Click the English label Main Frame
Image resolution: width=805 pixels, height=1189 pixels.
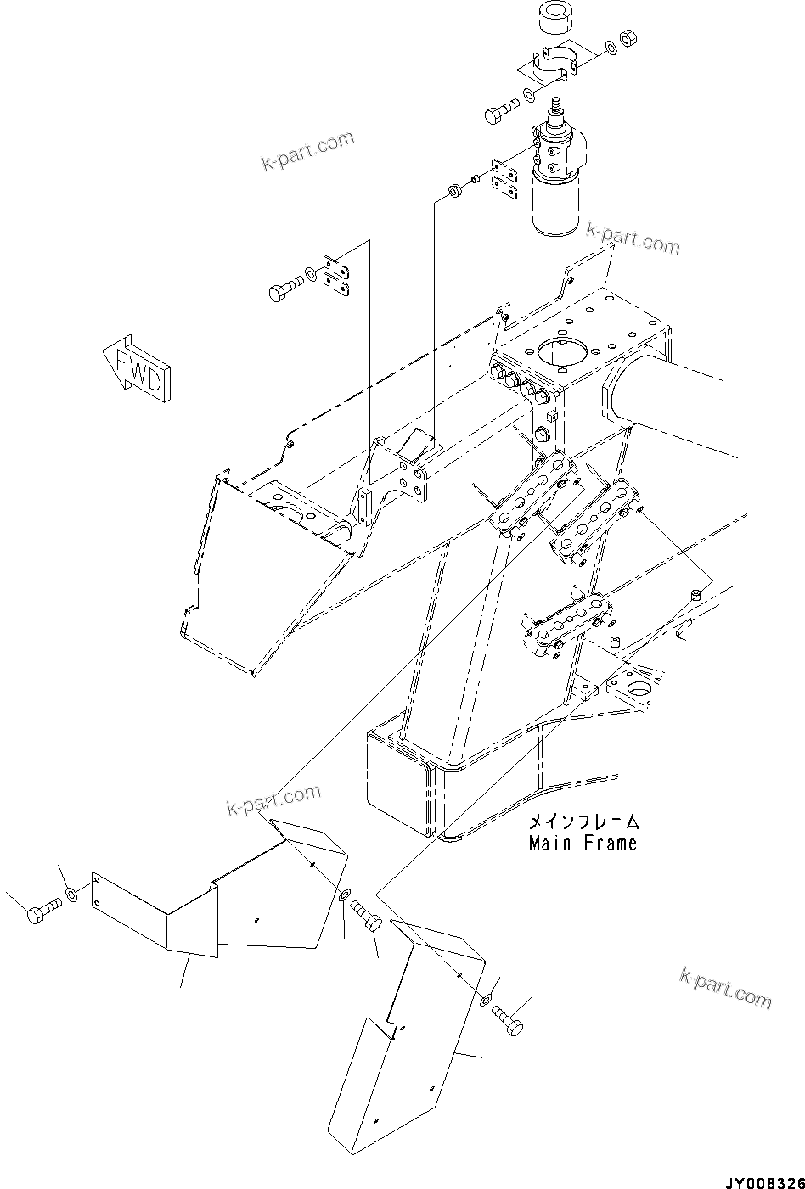pos(582,844)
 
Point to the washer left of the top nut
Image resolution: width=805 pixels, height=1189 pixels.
pos(611,46)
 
